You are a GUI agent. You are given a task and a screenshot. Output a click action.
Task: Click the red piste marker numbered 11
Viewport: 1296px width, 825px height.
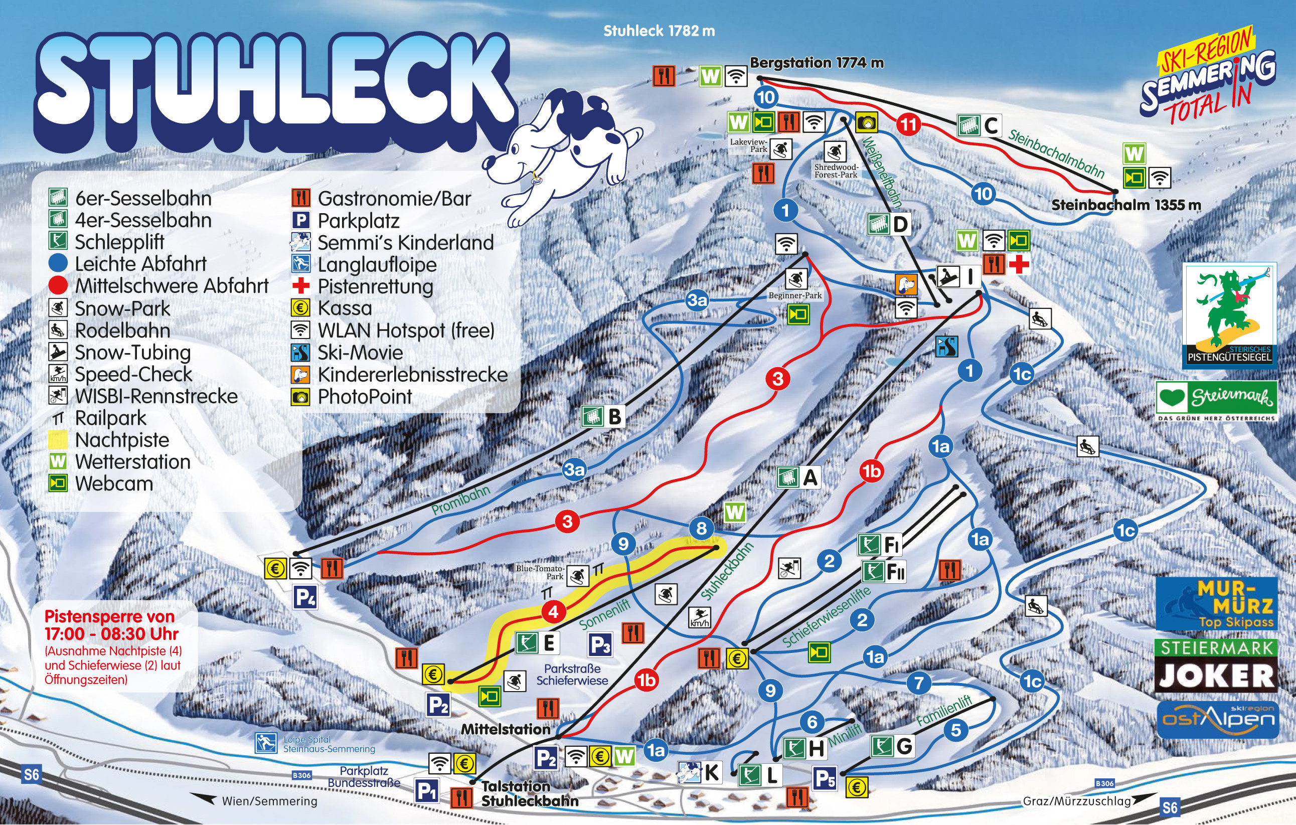click(x=909, y=125)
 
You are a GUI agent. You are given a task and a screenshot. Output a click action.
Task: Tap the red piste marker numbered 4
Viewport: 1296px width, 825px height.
click(x=553, y=612)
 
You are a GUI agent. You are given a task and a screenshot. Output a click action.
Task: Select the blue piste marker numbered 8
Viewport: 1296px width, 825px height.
click(x=701, y=528)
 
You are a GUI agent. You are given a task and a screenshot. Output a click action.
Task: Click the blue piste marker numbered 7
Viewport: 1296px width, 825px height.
click(x=919, y=683)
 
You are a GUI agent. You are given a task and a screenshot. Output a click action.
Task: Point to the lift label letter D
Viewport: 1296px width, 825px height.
click(x=900, y=224)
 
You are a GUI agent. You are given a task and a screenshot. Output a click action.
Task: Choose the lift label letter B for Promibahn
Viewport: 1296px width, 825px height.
click(x=614, y=417)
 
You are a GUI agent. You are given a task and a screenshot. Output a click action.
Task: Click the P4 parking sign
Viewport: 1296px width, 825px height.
click(x=304, y=598)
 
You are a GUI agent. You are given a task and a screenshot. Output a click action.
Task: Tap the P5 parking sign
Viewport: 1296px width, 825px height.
click(x=825, y=779)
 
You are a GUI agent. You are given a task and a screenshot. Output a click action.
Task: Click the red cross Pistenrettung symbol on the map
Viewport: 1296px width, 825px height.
click(x=1018, y=264)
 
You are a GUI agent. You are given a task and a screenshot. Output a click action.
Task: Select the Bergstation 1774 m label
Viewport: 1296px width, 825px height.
click(x=817, y=63)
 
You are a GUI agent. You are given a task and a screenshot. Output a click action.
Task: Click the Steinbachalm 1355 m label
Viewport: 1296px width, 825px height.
click(x=1126, y=205)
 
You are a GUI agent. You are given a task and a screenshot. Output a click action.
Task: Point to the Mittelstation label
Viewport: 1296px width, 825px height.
click(x=506, y=729)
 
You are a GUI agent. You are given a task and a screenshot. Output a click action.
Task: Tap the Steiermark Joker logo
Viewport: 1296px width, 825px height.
click(x=1216, y=666)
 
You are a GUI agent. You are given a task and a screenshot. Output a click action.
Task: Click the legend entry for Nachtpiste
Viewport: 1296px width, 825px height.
click(x=122, y=440)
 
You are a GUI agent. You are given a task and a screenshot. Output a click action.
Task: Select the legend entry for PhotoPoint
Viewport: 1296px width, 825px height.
click(x=364, y=397)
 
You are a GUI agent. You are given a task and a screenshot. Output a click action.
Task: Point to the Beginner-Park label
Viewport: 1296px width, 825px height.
click(x=795, y=295)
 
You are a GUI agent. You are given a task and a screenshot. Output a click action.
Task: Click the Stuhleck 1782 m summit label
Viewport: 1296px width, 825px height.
click(x=659, y=31)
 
